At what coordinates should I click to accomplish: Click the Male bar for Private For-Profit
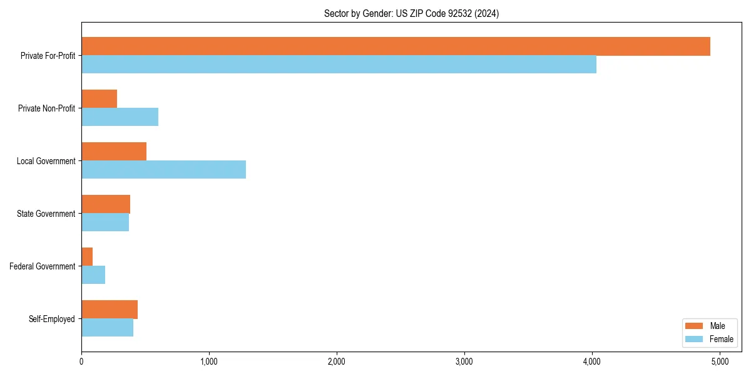(396, 46)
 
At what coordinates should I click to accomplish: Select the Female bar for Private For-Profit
(339, 65)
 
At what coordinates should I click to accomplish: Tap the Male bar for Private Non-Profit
(99, 99)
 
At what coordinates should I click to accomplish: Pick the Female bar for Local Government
(163, 170)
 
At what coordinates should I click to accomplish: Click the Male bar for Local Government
(114, 152)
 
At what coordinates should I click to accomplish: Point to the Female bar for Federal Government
(93, 275)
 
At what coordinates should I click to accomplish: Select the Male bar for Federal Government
(87, 257)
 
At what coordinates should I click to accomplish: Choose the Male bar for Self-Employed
(110, 310)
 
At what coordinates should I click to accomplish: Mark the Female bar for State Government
(105, 222)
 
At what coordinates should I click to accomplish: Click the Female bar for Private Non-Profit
(120, 117)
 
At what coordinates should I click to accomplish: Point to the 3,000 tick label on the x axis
(464, 362)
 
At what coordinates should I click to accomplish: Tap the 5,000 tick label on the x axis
(720, 362)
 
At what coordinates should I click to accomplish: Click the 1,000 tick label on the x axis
(209, 362)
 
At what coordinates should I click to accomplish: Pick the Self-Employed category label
(52, 319)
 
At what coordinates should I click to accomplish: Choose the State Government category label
(46, 214)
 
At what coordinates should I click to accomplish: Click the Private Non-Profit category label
(46, 108)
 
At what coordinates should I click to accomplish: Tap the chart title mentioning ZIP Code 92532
(411, 13)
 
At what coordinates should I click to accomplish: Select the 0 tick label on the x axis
(81, 362)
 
